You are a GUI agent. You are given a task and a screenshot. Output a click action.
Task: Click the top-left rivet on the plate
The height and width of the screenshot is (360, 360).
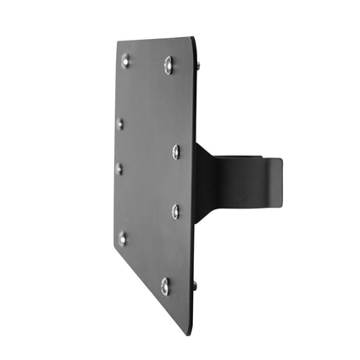[125, 60]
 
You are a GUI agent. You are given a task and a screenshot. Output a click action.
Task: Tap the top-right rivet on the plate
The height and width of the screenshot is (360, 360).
[169, 64]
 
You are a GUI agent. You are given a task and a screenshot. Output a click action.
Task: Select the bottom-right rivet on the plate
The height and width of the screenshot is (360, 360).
[165, 286]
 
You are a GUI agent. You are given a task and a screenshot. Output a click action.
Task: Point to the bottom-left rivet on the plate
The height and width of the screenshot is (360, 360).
[123, 237]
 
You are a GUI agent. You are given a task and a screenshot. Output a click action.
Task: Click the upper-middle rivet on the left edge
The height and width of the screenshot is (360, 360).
[120, 123]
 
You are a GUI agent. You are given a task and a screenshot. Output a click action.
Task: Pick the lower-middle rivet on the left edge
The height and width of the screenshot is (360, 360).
[120, 168]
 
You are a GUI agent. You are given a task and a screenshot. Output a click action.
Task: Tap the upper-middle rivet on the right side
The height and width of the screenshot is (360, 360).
[176, 151]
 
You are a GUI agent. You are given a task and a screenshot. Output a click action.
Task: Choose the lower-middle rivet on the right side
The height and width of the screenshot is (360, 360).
[176, 210]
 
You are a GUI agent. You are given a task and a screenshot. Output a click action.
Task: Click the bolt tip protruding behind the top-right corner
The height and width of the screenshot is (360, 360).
[197, 66]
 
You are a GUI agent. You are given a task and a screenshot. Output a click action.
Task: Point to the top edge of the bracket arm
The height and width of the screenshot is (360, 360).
[247, 157]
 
